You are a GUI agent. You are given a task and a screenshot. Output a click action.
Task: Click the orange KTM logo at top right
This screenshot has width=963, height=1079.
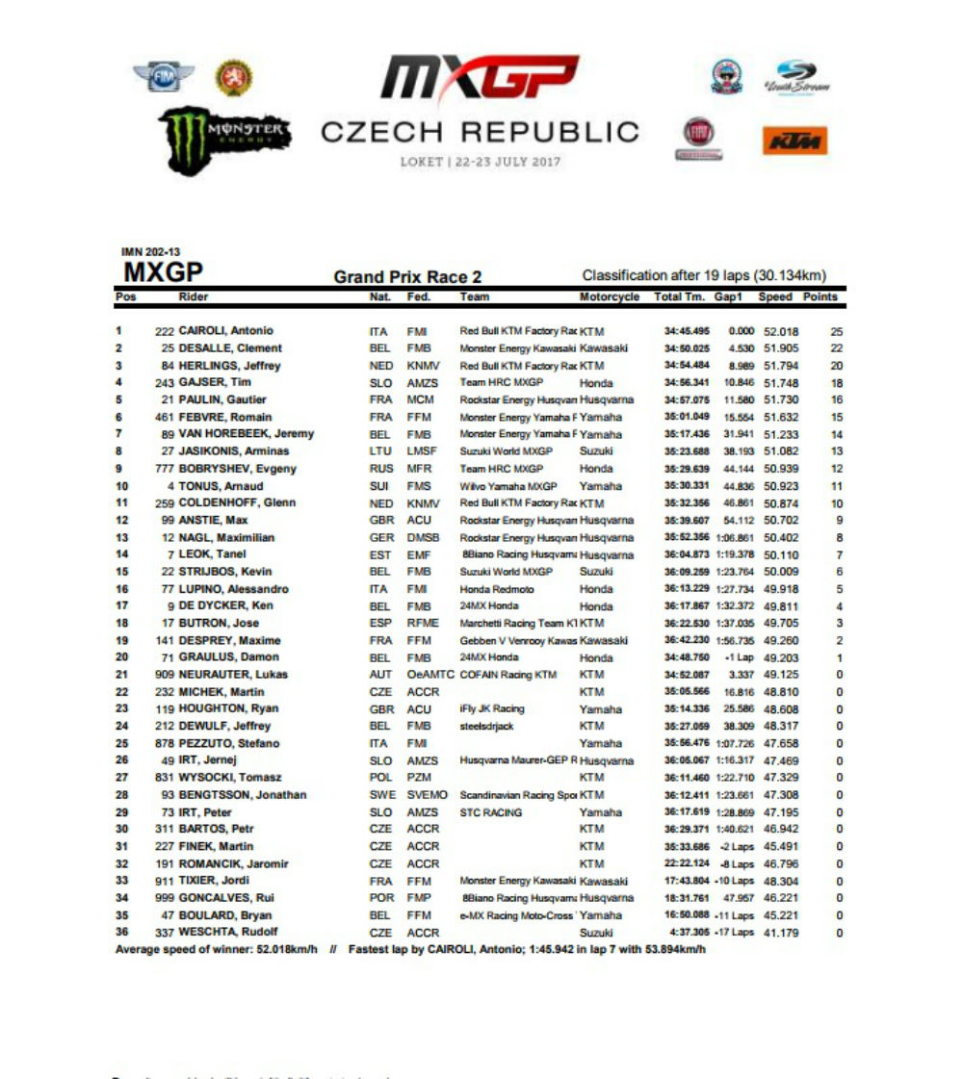[794, 141]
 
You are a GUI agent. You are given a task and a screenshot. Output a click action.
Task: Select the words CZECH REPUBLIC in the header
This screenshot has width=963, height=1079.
[479, 132]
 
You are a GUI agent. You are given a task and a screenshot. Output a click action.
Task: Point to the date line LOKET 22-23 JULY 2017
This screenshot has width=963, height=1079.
[480, 162]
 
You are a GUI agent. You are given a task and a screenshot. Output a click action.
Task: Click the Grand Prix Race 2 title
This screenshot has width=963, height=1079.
[407, 277]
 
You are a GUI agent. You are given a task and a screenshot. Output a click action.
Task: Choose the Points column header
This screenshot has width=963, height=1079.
[820, 297]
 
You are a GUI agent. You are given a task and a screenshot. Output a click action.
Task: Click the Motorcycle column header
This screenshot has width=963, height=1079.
[610, 297]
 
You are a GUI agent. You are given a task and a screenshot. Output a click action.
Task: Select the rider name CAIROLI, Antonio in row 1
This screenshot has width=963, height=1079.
[226, 331]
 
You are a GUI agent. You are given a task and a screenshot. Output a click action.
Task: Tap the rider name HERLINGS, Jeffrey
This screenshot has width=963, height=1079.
[230, 366]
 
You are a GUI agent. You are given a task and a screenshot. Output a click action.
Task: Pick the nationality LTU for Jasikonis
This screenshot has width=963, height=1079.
[379, 451]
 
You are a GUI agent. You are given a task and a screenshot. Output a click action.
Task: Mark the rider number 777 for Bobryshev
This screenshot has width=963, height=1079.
[164, 469]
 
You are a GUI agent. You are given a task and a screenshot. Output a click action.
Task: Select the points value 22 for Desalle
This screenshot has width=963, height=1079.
[836, 348]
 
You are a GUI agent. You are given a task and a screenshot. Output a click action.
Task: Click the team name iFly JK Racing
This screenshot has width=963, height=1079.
[492, 709]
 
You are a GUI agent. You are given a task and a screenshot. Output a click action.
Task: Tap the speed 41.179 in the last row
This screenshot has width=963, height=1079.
[782, 933]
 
